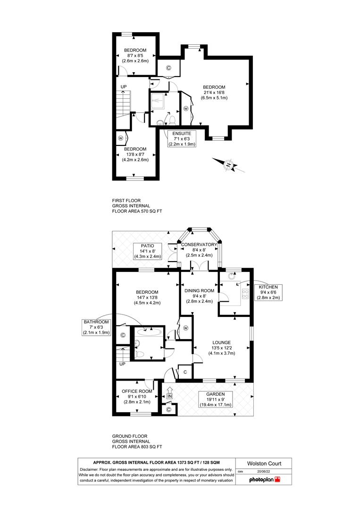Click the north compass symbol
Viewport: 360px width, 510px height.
tap(228, 165)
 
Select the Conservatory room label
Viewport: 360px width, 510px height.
tap(198, 250)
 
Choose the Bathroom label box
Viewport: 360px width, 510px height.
tap(96, 327)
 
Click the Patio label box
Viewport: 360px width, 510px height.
tap(148, 251)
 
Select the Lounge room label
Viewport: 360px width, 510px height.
tap(221, 348)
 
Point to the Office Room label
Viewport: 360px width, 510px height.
tap(137, 396)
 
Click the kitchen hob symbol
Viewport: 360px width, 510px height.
tap(245, 295)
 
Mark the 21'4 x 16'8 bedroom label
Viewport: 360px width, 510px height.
tap(214, 93)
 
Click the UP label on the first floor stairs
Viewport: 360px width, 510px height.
tap(123, 87)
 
